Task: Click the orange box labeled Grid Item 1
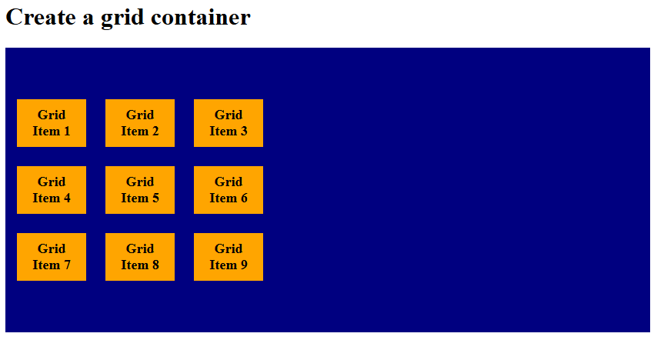[x=51, y=123]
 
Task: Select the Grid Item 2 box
[x=139, y=123]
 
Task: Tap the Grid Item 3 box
[x=228, y=123]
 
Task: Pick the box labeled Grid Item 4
[x=51, y=190]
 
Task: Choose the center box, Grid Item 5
[x=139, y=190]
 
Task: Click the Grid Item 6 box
[x=228, y=190]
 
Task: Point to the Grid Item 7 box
[x=51, y=257]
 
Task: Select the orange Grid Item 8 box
[x=139, y=257]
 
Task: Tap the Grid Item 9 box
[x=228, y=257]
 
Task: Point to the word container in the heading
[x=201, y=17]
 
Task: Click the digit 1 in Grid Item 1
[x=67, y=132]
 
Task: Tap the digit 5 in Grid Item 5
[x=155, y=198]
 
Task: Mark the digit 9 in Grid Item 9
[x=244, y=265]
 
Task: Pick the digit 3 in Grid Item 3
[x=244, y=132]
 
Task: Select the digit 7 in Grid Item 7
[x=67, y=265]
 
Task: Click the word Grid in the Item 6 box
[x=228, y=182]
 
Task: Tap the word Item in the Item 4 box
[x=45, y=198]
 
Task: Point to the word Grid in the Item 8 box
[x=139, y=249]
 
